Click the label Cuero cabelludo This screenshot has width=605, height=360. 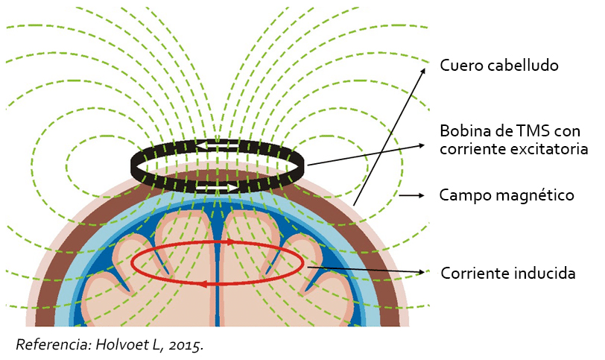[x=499, y=66]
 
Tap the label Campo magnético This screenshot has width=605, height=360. [x=507, y=195]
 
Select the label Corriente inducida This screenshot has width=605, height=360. [x=508, y=273]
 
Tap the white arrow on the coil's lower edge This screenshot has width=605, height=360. [x=230, y=186]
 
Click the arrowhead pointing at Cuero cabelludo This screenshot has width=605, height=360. [x=425, y=69]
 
